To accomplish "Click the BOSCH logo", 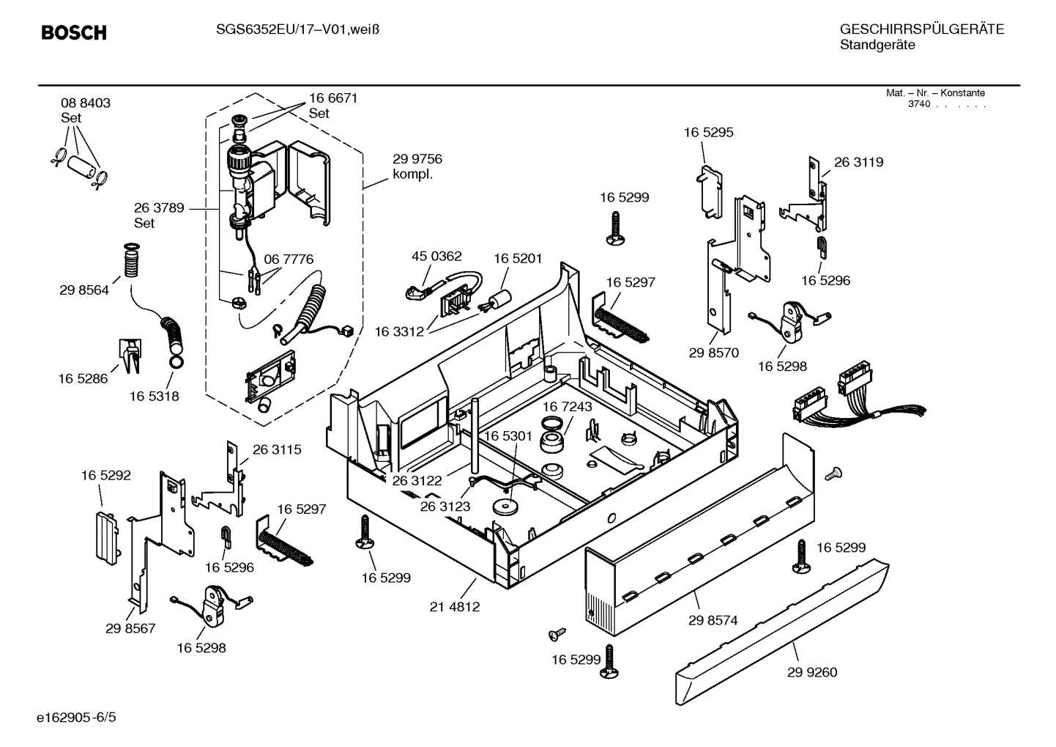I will tap(74, 33).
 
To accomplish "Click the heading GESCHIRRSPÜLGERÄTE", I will tap(921, 29).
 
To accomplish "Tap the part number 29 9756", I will tap(417, 159).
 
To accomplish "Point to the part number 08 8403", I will tap(86, 103).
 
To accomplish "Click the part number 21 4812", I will tap(455, 606).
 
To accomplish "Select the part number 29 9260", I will tap(812, 672).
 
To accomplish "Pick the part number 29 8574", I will tap(713, 620).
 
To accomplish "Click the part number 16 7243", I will tap(568, 406).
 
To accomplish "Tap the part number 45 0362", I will tap(436, 256).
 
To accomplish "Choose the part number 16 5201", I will tap(518, 258).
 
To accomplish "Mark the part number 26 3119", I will tap(858, 162).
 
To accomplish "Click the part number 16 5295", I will tap(708, 133).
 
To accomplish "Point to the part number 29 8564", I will tap(84, 290).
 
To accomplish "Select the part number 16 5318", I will tap(155, 397).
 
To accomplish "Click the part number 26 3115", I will tap(277, 449).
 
